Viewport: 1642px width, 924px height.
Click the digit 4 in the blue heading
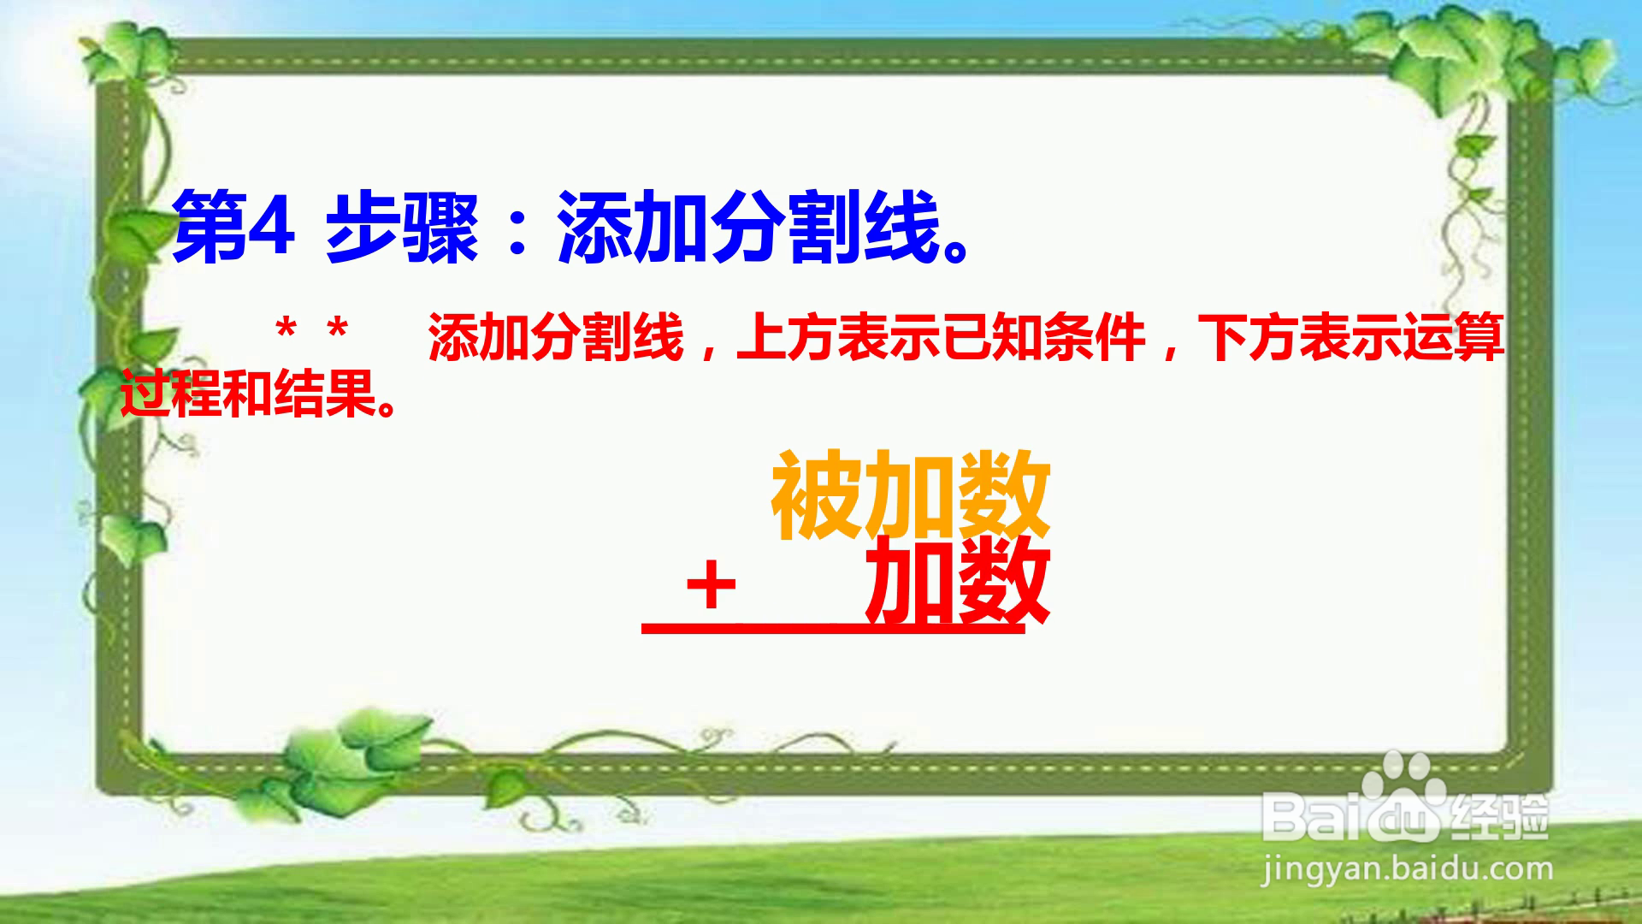click(x=272, y=228)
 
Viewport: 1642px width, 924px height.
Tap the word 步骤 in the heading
click(x=401, y=228)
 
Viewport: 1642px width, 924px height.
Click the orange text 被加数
click(x=911, y=496)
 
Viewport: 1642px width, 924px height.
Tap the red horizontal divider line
click(x=833, y=631)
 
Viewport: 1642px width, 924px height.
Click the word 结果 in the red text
click(x=325, y=394)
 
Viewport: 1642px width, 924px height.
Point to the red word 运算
click(x=1454, y=338)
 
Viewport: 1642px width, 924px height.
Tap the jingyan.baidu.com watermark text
click(x=1408, y=869)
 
